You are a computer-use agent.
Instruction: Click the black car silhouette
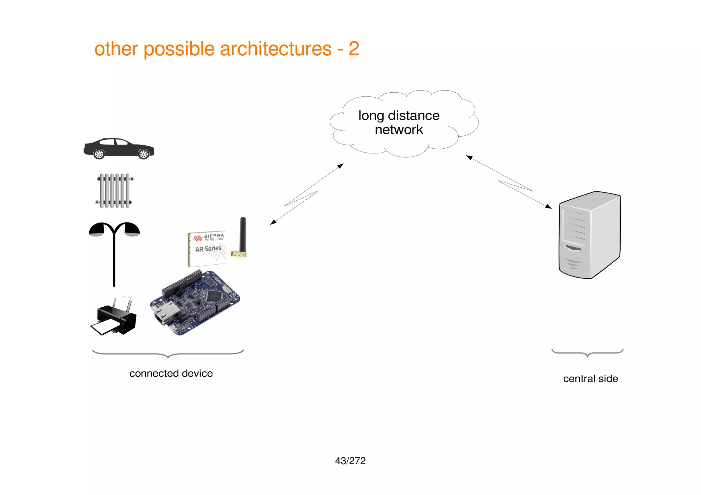[118, 149]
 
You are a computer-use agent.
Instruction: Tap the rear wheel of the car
[99, 154]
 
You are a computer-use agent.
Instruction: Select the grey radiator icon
[114, 191]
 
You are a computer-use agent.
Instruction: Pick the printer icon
[114, 317]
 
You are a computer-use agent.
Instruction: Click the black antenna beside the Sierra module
[242, 236]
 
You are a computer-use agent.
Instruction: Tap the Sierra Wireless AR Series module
[207, 249]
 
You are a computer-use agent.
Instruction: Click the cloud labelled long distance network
[404, 123]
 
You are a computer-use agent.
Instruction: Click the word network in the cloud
[399, 130]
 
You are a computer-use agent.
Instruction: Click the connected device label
[171, 373]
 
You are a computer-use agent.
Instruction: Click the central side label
[590, 379]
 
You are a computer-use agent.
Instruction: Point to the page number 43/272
[350, 461]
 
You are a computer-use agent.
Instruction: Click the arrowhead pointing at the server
[549, 206]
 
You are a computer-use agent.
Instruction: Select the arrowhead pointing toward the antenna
[273, 223]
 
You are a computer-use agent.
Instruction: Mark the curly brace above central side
[587, 353]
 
